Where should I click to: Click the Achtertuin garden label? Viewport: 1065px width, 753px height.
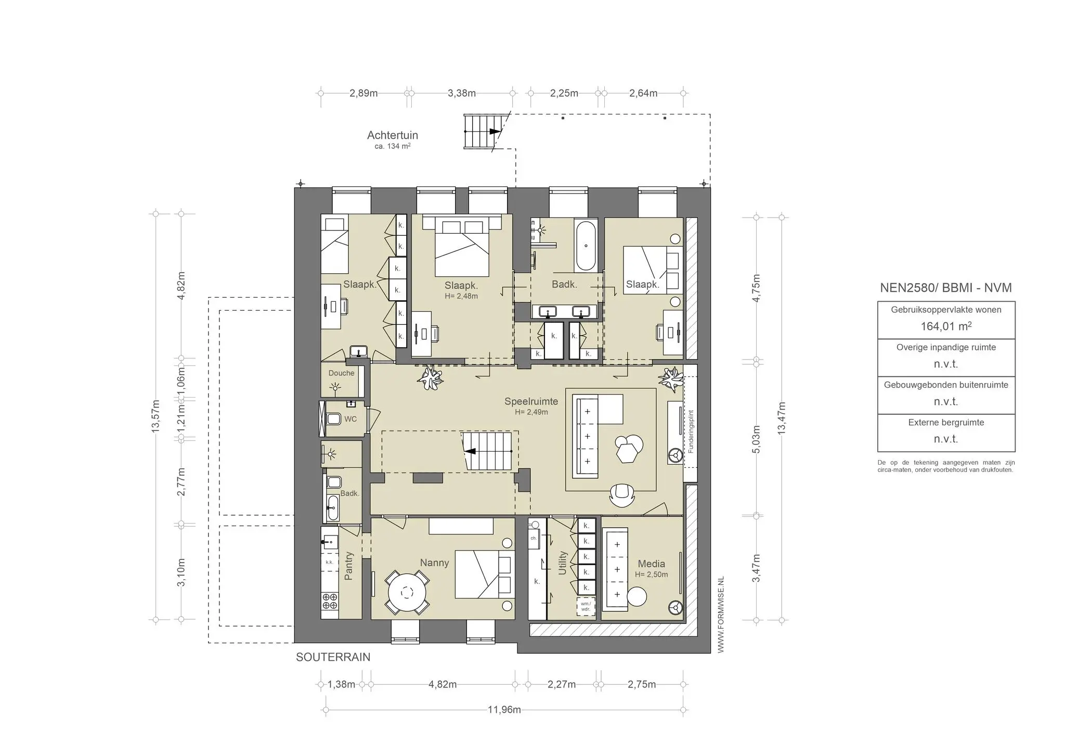tap(393, 135)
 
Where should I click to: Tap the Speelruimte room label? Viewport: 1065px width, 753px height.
tap(531, 401)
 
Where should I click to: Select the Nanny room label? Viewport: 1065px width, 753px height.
tap(434, 563)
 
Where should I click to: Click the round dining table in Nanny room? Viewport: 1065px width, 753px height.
tap(407, 592)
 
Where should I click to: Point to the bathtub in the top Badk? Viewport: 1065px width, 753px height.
tap(586, 246)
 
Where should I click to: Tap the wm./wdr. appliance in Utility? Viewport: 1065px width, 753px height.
tap(586, 607)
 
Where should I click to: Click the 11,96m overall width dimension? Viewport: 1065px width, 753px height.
tap(504, 710)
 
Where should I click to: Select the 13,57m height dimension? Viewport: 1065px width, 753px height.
tap(155, 416)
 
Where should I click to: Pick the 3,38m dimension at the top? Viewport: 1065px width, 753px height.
tap(462, 93)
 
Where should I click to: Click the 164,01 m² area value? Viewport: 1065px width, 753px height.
tap(946, 326)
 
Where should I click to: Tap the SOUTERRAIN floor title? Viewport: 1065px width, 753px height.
tap(333, 657)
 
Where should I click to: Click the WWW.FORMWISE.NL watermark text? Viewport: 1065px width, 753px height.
tap(721, 615)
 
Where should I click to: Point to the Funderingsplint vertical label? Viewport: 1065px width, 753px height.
tap(691, 431)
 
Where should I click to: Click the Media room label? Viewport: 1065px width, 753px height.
tap(651, 564)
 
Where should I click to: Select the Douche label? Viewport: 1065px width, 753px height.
tap(341, 373)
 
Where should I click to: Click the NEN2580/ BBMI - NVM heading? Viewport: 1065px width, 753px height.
tap(946, 288)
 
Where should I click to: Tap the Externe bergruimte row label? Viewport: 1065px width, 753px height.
tap(946, 423)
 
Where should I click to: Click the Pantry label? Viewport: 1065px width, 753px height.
tap(349, 566)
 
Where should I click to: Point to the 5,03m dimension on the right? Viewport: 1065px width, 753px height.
tap(756, 440)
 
